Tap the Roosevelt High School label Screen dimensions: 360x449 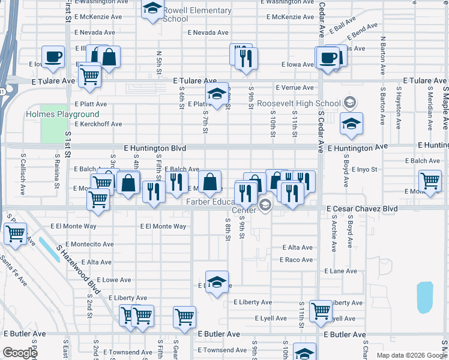click(x=298, y=103)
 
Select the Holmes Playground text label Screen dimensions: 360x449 click(x=62, y=114)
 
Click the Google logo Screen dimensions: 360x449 click(x=20, y=353)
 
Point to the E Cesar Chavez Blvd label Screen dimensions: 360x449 click(x=362, y=208)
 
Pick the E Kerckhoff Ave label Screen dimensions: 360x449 click(x=98, y=124)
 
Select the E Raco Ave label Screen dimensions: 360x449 click(x=296, y=260)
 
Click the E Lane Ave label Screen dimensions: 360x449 click(x=340, y=271)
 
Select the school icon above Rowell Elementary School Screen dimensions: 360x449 click(x=153, y=8)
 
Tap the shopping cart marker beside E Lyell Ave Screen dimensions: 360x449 click(x=321, y=310)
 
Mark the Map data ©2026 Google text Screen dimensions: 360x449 click(x=411, y=355)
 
